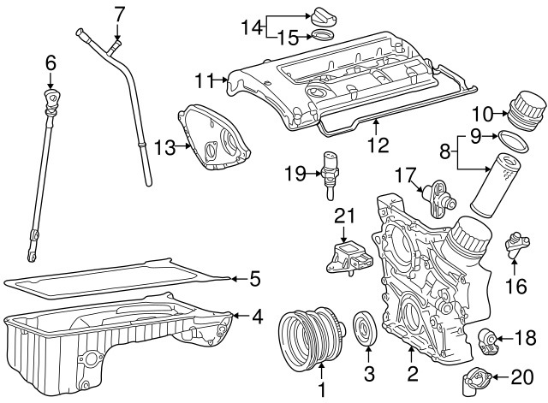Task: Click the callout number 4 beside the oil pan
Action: (256, 316)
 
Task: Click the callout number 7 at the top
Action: (119, 13)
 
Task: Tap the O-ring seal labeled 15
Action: (323, 36)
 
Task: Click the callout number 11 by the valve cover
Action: (203, 81)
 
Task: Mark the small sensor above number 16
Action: (515, 243)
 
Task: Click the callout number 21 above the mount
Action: (343, 217)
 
